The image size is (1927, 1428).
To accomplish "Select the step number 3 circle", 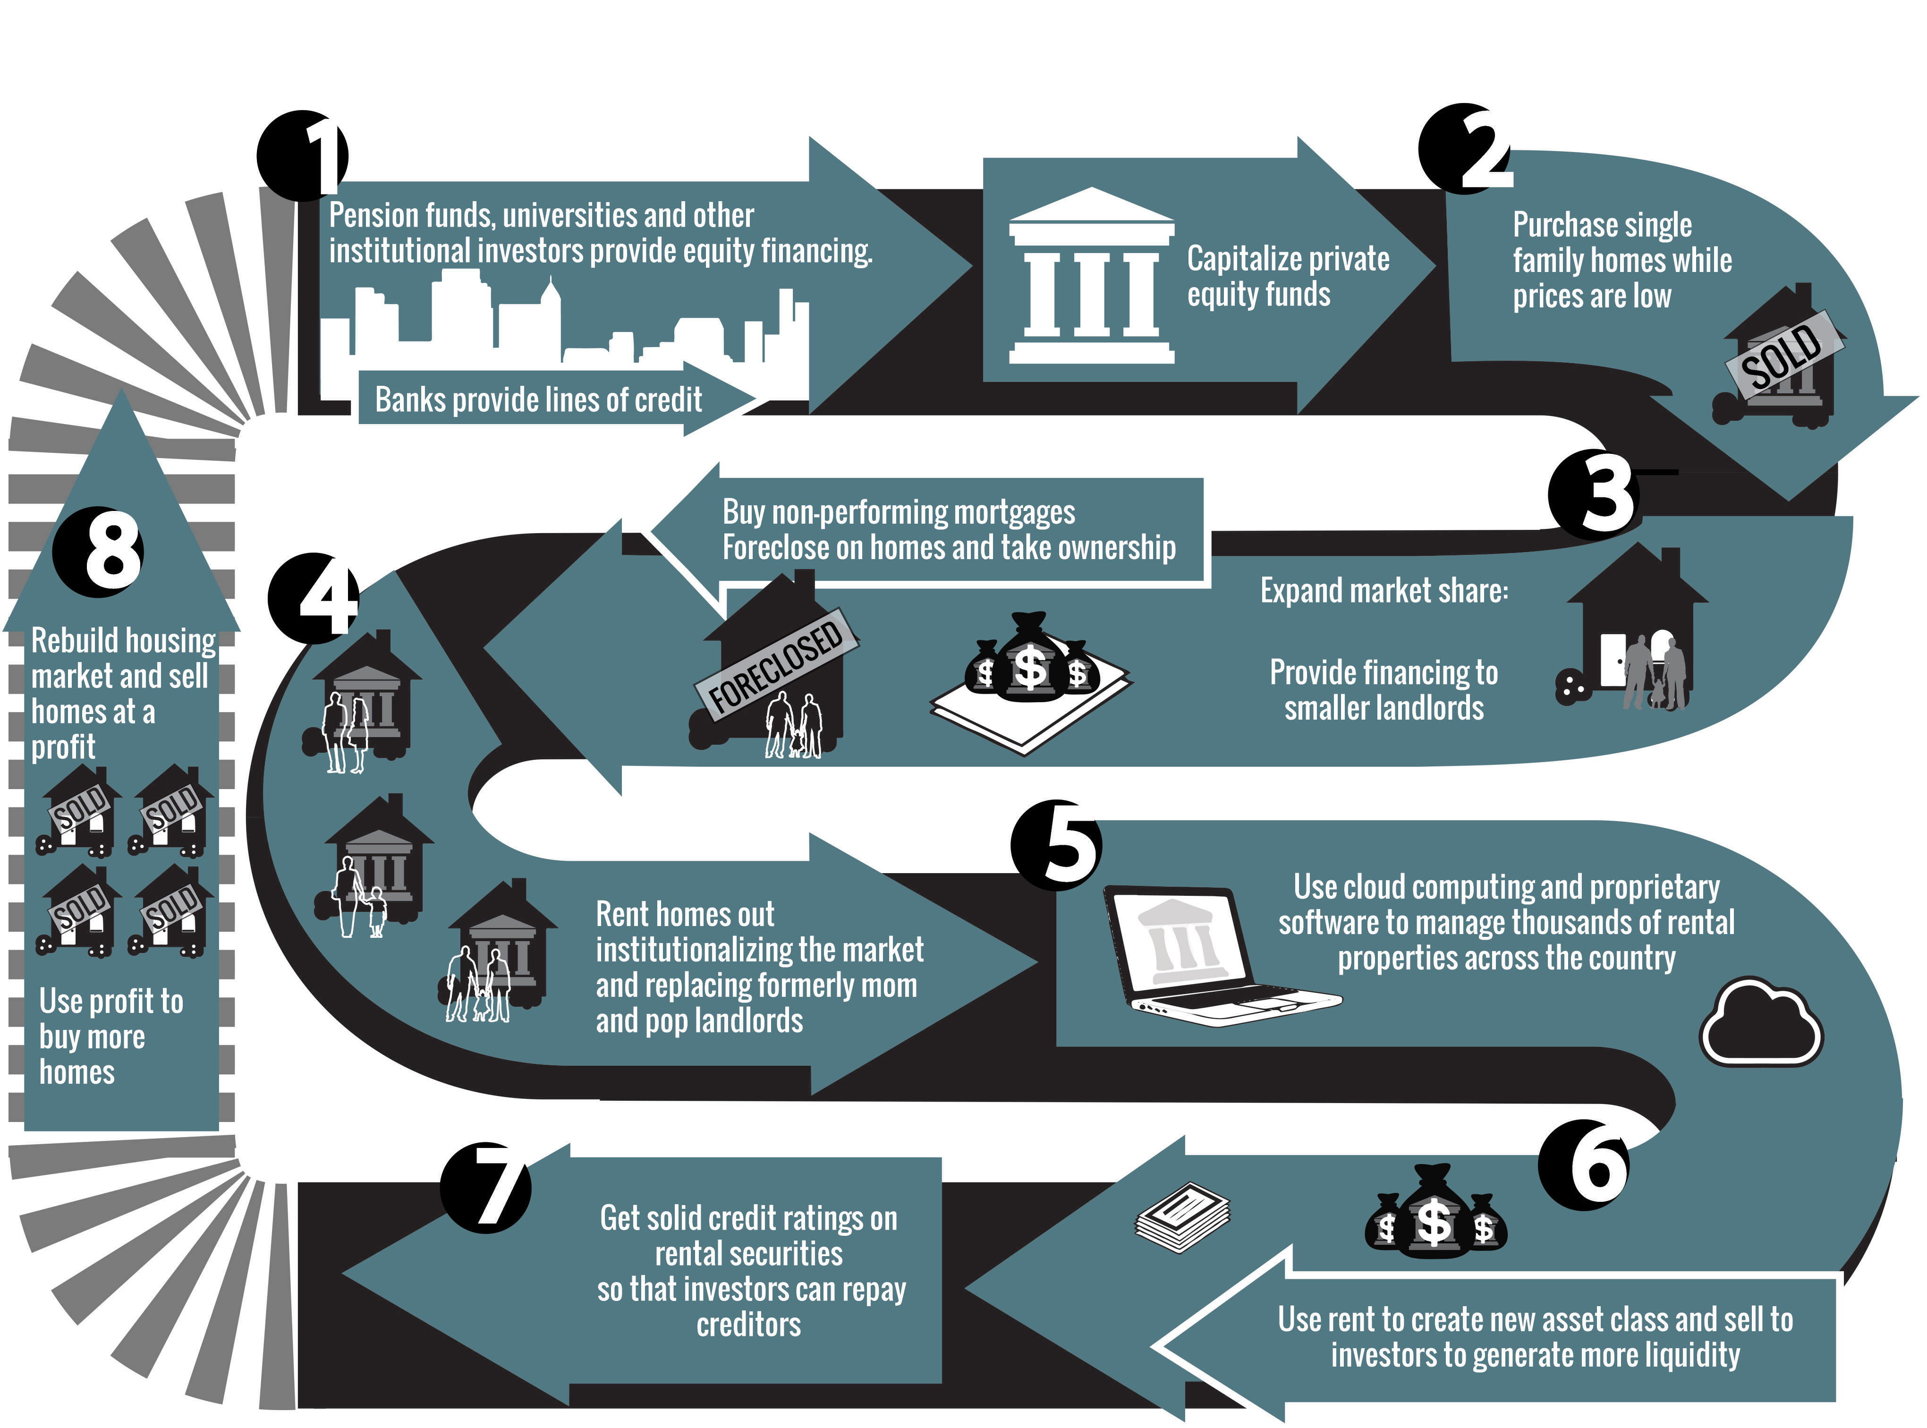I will click(1593, 495).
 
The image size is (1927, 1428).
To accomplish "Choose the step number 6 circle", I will click(1583, 1164).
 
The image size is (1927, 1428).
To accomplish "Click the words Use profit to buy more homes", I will click(110, 1037).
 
